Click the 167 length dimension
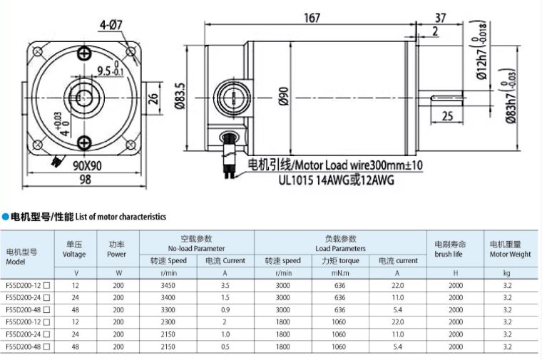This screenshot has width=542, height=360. [311, 19]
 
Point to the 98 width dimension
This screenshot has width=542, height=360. [86, 181]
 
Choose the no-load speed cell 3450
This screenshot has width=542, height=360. [168, 284]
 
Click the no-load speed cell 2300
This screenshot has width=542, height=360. [168, 322]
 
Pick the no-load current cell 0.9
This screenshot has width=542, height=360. [225, 309]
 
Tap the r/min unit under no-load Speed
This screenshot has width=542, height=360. [168, 272]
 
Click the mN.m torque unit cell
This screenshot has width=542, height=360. [339, 272]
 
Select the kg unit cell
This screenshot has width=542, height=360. [507, 272]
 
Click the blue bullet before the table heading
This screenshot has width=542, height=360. [5, 216]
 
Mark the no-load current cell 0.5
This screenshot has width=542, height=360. [225, 346]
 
